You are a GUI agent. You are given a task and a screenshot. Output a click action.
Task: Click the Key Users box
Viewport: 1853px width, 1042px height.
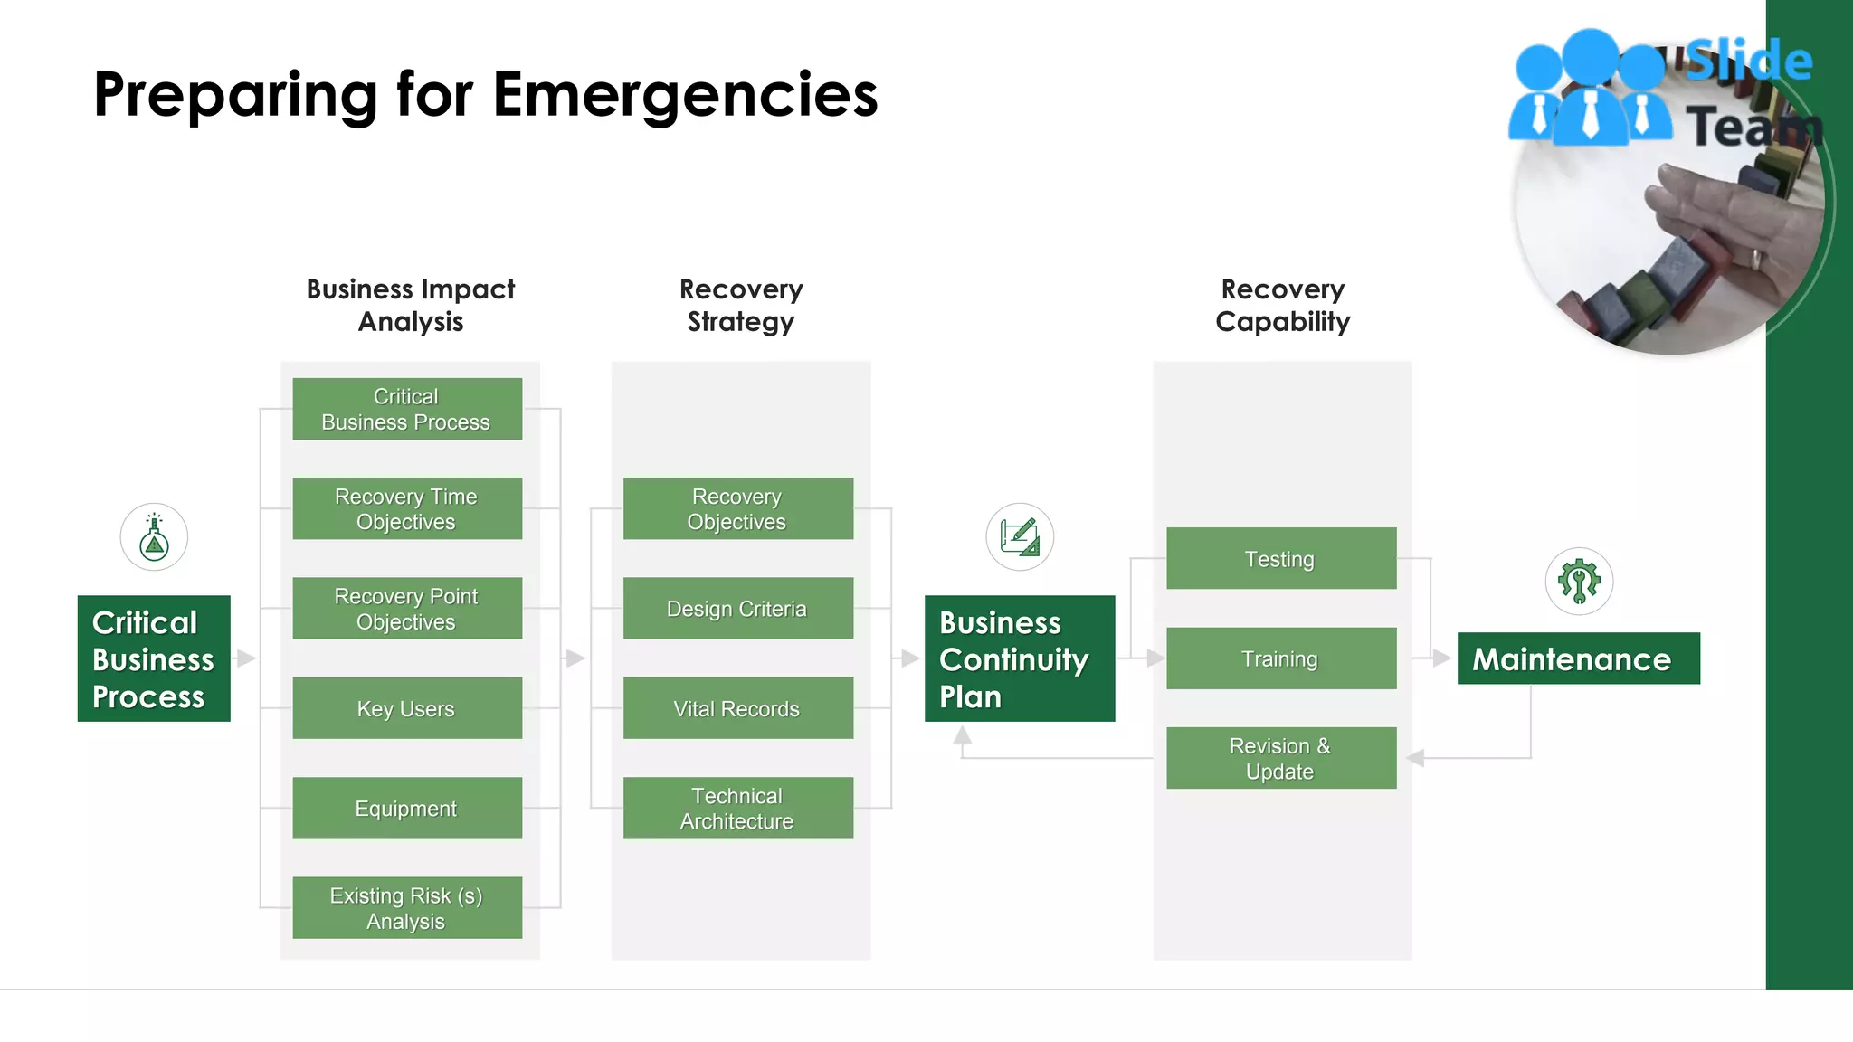pyautogui.click(x=407, y=708)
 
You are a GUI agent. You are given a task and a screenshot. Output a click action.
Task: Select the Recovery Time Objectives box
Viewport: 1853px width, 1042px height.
pyautogui.click(x=407, y=508)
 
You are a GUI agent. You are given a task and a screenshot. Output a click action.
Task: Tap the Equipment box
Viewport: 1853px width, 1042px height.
pyautogui.click(x=407, y=808)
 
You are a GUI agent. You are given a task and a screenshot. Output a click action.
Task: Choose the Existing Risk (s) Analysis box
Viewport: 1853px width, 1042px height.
pyautogui.click(x=407, y=907)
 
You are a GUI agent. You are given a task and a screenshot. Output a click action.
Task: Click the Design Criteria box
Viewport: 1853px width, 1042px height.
pyautogui.click(x=737, y=608)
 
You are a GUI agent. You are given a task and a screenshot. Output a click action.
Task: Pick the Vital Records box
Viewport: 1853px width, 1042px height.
pyautogui.click(x=737, y=708)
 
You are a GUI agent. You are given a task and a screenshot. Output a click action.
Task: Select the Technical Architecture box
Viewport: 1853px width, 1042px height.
pyautogui.click(x=737, y=808)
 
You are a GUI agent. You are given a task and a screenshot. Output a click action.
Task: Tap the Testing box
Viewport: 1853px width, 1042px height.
pyautogui.click(x=1280, y=558)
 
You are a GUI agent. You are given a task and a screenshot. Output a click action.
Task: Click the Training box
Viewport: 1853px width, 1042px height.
pyautogui.click(x=1280, y=658)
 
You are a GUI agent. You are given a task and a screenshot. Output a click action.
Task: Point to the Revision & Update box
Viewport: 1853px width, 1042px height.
pyautogui.click(x=1280, y=758)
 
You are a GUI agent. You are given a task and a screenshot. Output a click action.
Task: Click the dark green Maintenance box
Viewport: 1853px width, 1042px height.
pyautogui.click(x=1578, y=658)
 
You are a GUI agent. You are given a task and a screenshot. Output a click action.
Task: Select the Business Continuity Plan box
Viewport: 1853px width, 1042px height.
pyautogui.click(x=1019, y=658)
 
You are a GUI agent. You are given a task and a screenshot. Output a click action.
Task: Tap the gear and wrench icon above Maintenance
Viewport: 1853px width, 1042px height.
pyautogui.click(x=1579, y=581)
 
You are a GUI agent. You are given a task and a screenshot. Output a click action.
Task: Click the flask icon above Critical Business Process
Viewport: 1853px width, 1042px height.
pyautogui.click(x=154, y=537)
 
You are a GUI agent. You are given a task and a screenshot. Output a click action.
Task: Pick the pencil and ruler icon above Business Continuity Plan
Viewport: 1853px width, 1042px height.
pyautogui.click(x=1020, y=537)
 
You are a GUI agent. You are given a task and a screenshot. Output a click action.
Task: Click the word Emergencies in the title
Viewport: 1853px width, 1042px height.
pyautogui.click(x=685, y=95)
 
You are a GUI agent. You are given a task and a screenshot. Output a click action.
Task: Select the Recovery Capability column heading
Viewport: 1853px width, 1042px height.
pyautogui.click(x=1282, y=305)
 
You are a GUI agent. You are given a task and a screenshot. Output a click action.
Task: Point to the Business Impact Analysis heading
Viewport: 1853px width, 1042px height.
pyautogui.click(x=410, y=305)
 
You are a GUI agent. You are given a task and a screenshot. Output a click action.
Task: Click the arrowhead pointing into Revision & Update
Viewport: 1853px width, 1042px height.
pyautogui.click(x=1416, y=758)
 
